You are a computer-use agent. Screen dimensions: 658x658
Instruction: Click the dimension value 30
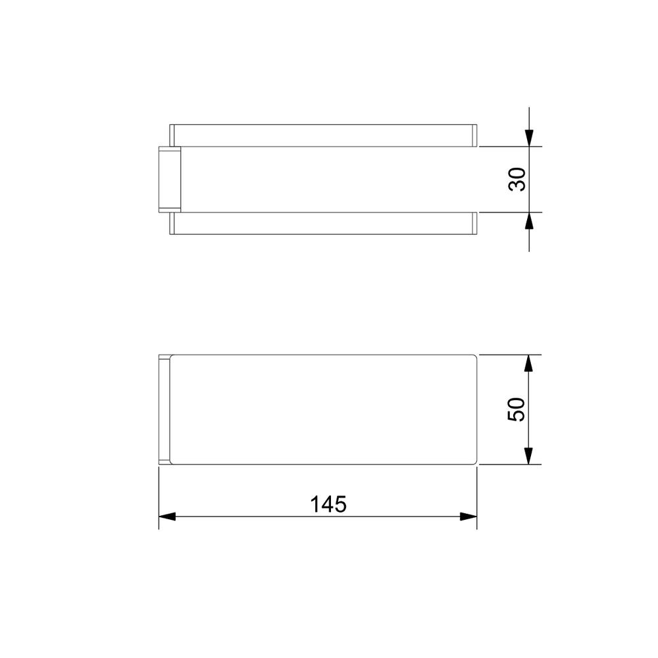point(517,180)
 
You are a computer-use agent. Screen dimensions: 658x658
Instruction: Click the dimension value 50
point(517,409)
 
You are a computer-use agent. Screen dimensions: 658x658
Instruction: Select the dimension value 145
point(328,504)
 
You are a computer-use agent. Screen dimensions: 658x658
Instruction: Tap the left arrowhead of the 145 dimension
point(167,517)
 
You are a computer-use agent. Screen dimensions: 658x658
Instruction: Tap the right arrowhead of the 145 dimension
point(468,517)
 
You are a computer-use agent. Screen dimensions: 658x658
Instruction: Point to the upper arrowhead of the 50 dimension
point(529,363)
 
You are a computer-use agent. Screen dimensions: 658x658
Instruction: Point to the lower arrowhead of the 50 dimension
point(529,456)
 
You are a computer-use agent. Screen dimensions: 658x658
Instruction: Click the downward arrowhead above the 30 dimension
point(529,138)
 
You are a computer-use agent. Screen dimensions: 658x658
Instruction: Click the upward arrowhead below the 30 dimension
point(529,220)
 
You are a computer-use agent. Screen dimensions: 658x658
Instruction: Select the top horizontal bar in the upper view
point(324,136)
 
